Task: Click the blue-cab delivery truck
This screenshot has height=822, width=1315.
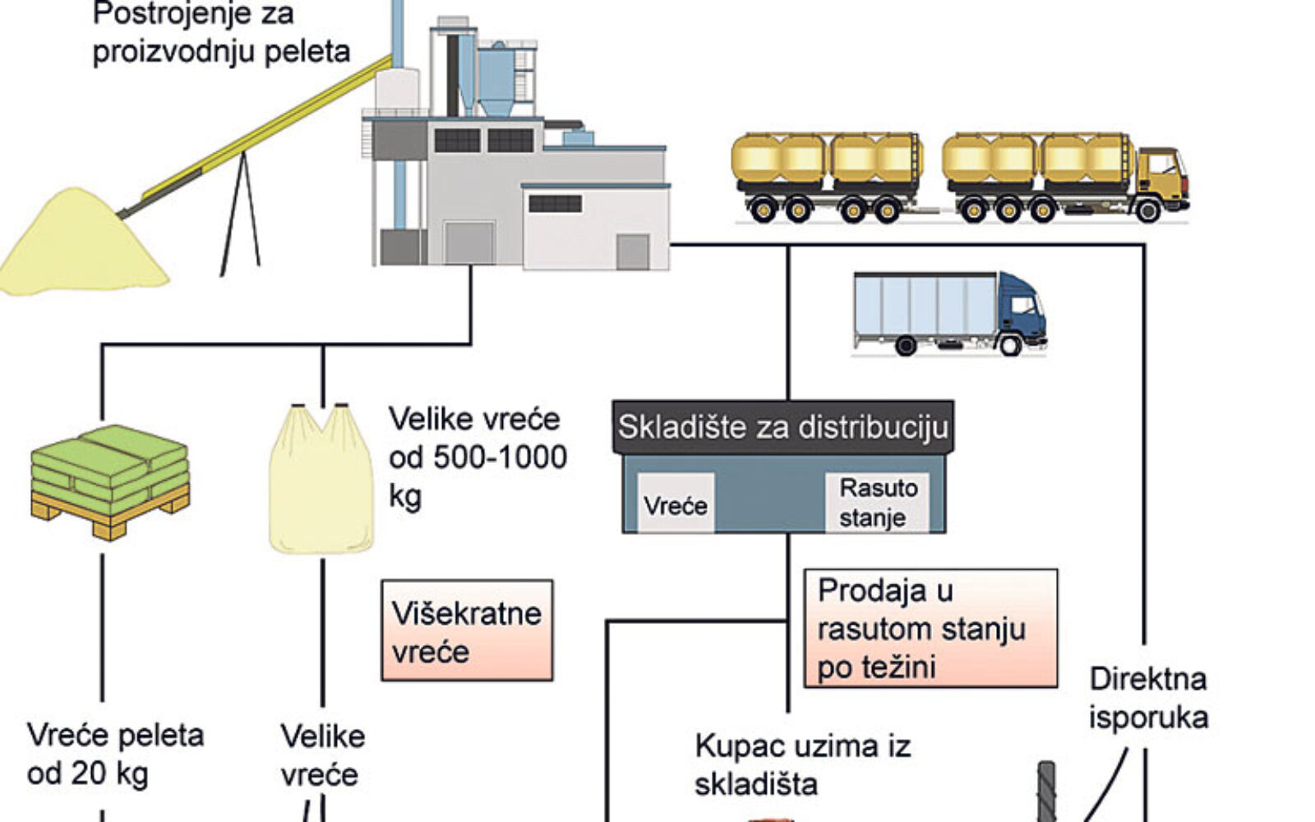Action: point(948,313)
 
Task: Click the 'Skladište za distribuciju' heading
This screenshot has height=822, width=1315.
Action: point(782,427)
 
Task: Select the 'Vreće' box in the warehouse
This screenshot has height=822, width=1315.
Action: point(676,504)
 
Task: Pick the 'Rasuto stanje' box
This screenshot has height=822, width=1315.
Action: point(878,502)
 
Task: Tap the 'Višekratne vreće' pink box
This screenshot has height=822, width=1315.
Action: point(467,630)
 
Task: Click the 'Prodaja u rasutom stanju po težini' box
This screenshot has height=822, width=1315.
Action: point(930,629)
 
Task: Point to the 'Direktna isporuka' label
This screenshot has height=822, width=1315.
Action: point(1148,698)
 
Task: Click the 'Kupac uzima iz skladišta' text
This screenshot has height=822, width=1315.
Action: point(802,764)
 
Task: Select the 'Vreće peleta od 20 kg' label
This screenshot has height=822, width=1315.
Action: point(115,754)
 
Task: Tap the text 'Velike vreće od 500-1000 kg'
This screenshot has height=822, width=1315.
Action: point(478,457)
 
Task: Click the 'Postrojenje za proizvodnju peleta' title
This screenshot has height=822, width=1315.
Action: point(221,33)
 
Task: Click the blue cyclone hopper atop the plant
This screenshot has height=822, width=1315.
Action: point(496,78)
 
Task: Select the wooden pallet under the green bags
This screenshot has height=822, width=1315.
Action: point(109,514)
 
